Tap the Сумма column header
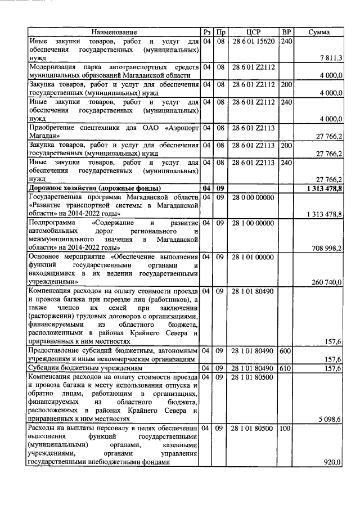coord(319,32)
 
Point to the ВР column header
coord(286,32)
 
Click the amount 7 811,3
coord(331,58)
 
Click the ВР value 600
coord(286,350)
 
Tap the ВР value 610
coord(286,368)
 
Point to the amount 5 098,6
coord(331,419)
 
